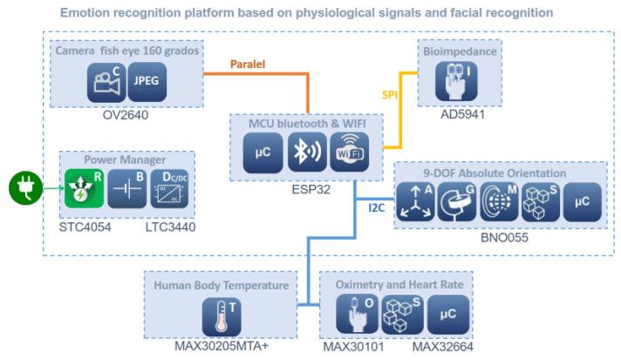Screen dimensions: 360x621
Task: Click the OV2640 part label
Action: pyautogui.click(x=125, y=112)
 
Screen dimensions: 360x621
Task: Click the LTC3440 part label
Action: pyautogui.click(x=170, y=226)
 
